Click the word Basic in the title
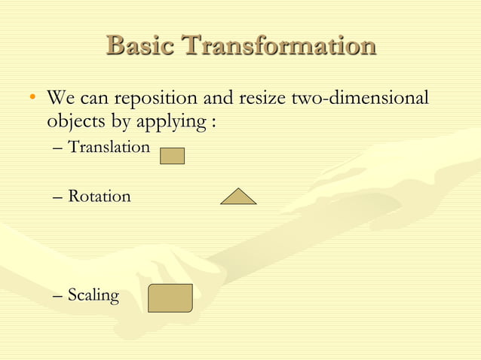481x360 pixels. click(141, 46)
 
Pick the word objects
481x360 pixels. click(75, 121)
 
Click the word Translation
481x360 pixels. click(109, 147)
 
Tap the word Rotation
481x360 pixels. click(99, 197)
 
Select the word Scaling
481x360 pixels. click(93, 295)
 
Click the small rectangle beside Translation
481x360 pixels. click(173, 156)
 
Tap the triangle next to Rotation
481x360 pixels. click(238, 197)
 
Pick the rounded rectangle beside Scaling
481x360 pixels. click(170, 298)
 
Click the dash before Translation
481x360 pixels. click(59, 148)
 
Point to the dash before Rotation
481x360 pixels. click(59, 197)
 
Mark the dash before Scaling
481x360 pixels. click(59, 296)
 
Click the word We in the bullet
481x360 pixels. click(60, 99)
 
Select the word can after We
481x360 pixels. click(92, 99)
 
